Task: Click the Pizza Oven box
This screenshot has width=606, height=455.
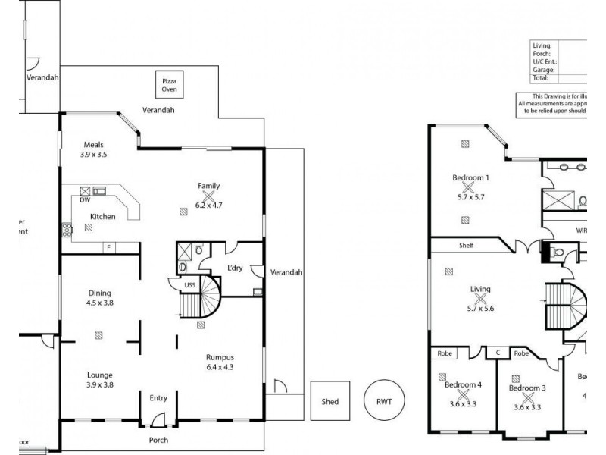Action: (168, 84)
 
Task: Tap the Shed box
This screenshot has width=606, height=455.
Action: (330, 401)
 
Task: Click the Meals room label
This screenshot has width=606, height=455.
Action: (94, 145)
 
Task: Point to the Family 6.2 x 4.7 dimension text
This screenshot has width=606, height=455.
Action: (208, 205)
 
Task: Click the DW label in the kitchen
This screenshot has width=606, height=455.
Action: (85, 201)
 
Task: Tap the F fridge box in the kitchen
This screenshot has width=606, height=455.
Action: (109, 247)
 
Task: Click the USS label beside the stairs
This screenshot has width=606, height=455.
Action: (191, 285)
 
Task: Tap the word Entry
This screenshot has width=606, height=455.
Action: (158, 398)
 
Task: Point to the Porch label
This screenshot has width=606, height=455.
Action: (158, 440)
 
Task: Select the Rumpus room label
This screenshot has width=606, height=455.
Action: (219, 356)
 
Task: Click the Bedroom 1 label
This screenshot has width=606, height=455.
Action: (470, 178)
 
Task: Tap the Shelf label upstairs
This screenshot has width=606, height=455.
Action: (466, 246)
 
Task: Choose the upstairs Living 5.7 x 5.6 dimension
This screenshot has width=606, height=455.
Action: (480, 309)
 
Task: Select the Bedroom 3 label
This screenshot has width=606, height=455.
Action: (527, 388)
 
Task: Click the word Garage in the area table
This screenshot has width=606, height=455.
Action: (543, 70)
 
